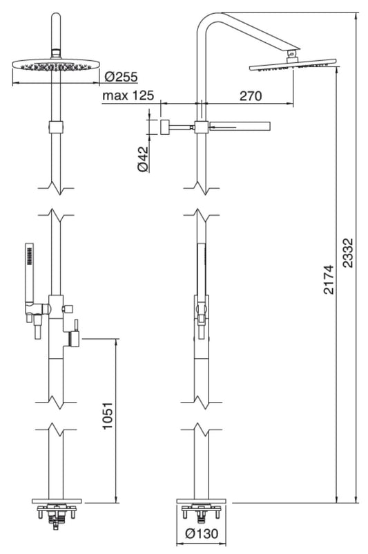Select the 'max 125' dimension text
[128, 95]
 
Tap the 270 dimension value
[249, 96]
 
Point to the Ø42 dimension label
[143, 158]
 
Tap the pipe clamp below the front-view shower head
[55, 127]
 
